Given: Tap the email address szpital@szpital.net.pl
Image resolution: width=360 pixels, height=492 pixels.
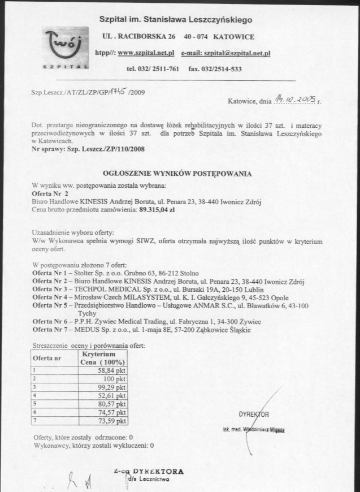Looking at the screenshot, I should pyautogui.click(x=226, y=53).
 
